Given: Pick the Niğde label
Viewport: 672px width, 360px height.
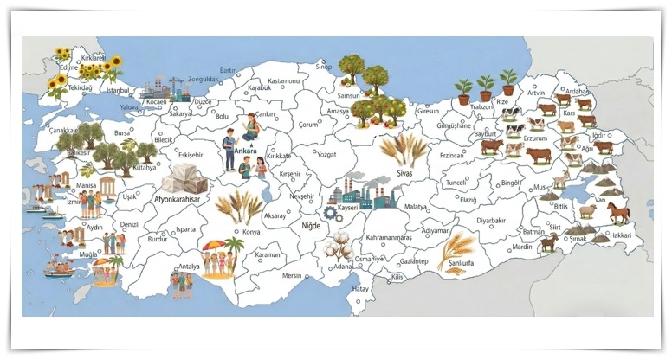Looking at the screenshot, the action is click(310, 226).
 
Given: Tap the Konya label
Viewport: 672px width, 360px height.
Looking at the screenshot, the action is click(251, 232).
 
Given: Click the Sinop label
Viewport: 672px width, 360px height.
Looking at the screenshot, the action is click(323, 67).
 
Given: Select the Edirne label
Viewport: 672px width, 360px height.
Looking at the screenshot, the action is click(68, 65).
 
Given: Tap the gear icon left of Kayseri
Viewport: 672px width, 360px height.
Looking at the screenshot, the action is click(329, 210).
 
